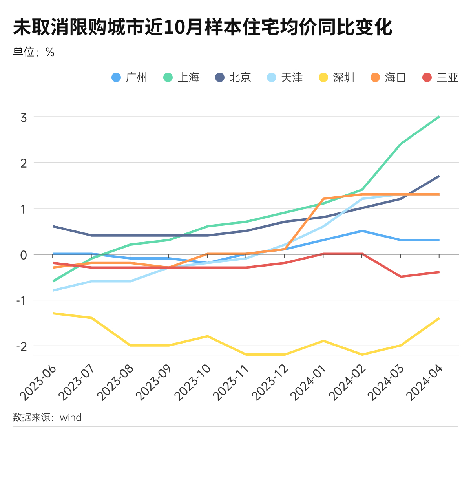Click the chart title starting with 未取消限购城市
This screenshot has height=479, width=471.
click(203, 27)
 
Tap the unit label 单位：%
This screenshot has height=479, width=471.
click(34, 52)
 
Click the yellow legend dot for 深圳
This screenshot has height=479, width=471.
click(323, 77)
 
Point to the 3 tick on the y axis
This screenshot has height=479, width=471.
click(24, 117)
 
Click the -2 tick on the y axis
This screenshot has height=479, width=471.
click(22, 346)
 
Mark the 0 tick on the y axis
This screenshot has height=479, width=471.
click(24, 255)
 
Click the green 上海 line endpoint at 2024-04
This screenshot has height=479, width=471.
click(439, 117)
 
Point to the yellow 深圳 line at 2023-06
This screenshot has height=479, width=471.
click(53, 313)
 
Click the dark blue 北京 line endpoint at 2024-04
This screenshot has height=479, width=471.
click(439, 176)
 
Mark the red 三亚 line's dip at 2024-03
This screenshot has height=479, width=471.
click(400, 277)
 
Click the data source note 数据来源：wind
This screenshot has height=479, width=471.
click(47, 417)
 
